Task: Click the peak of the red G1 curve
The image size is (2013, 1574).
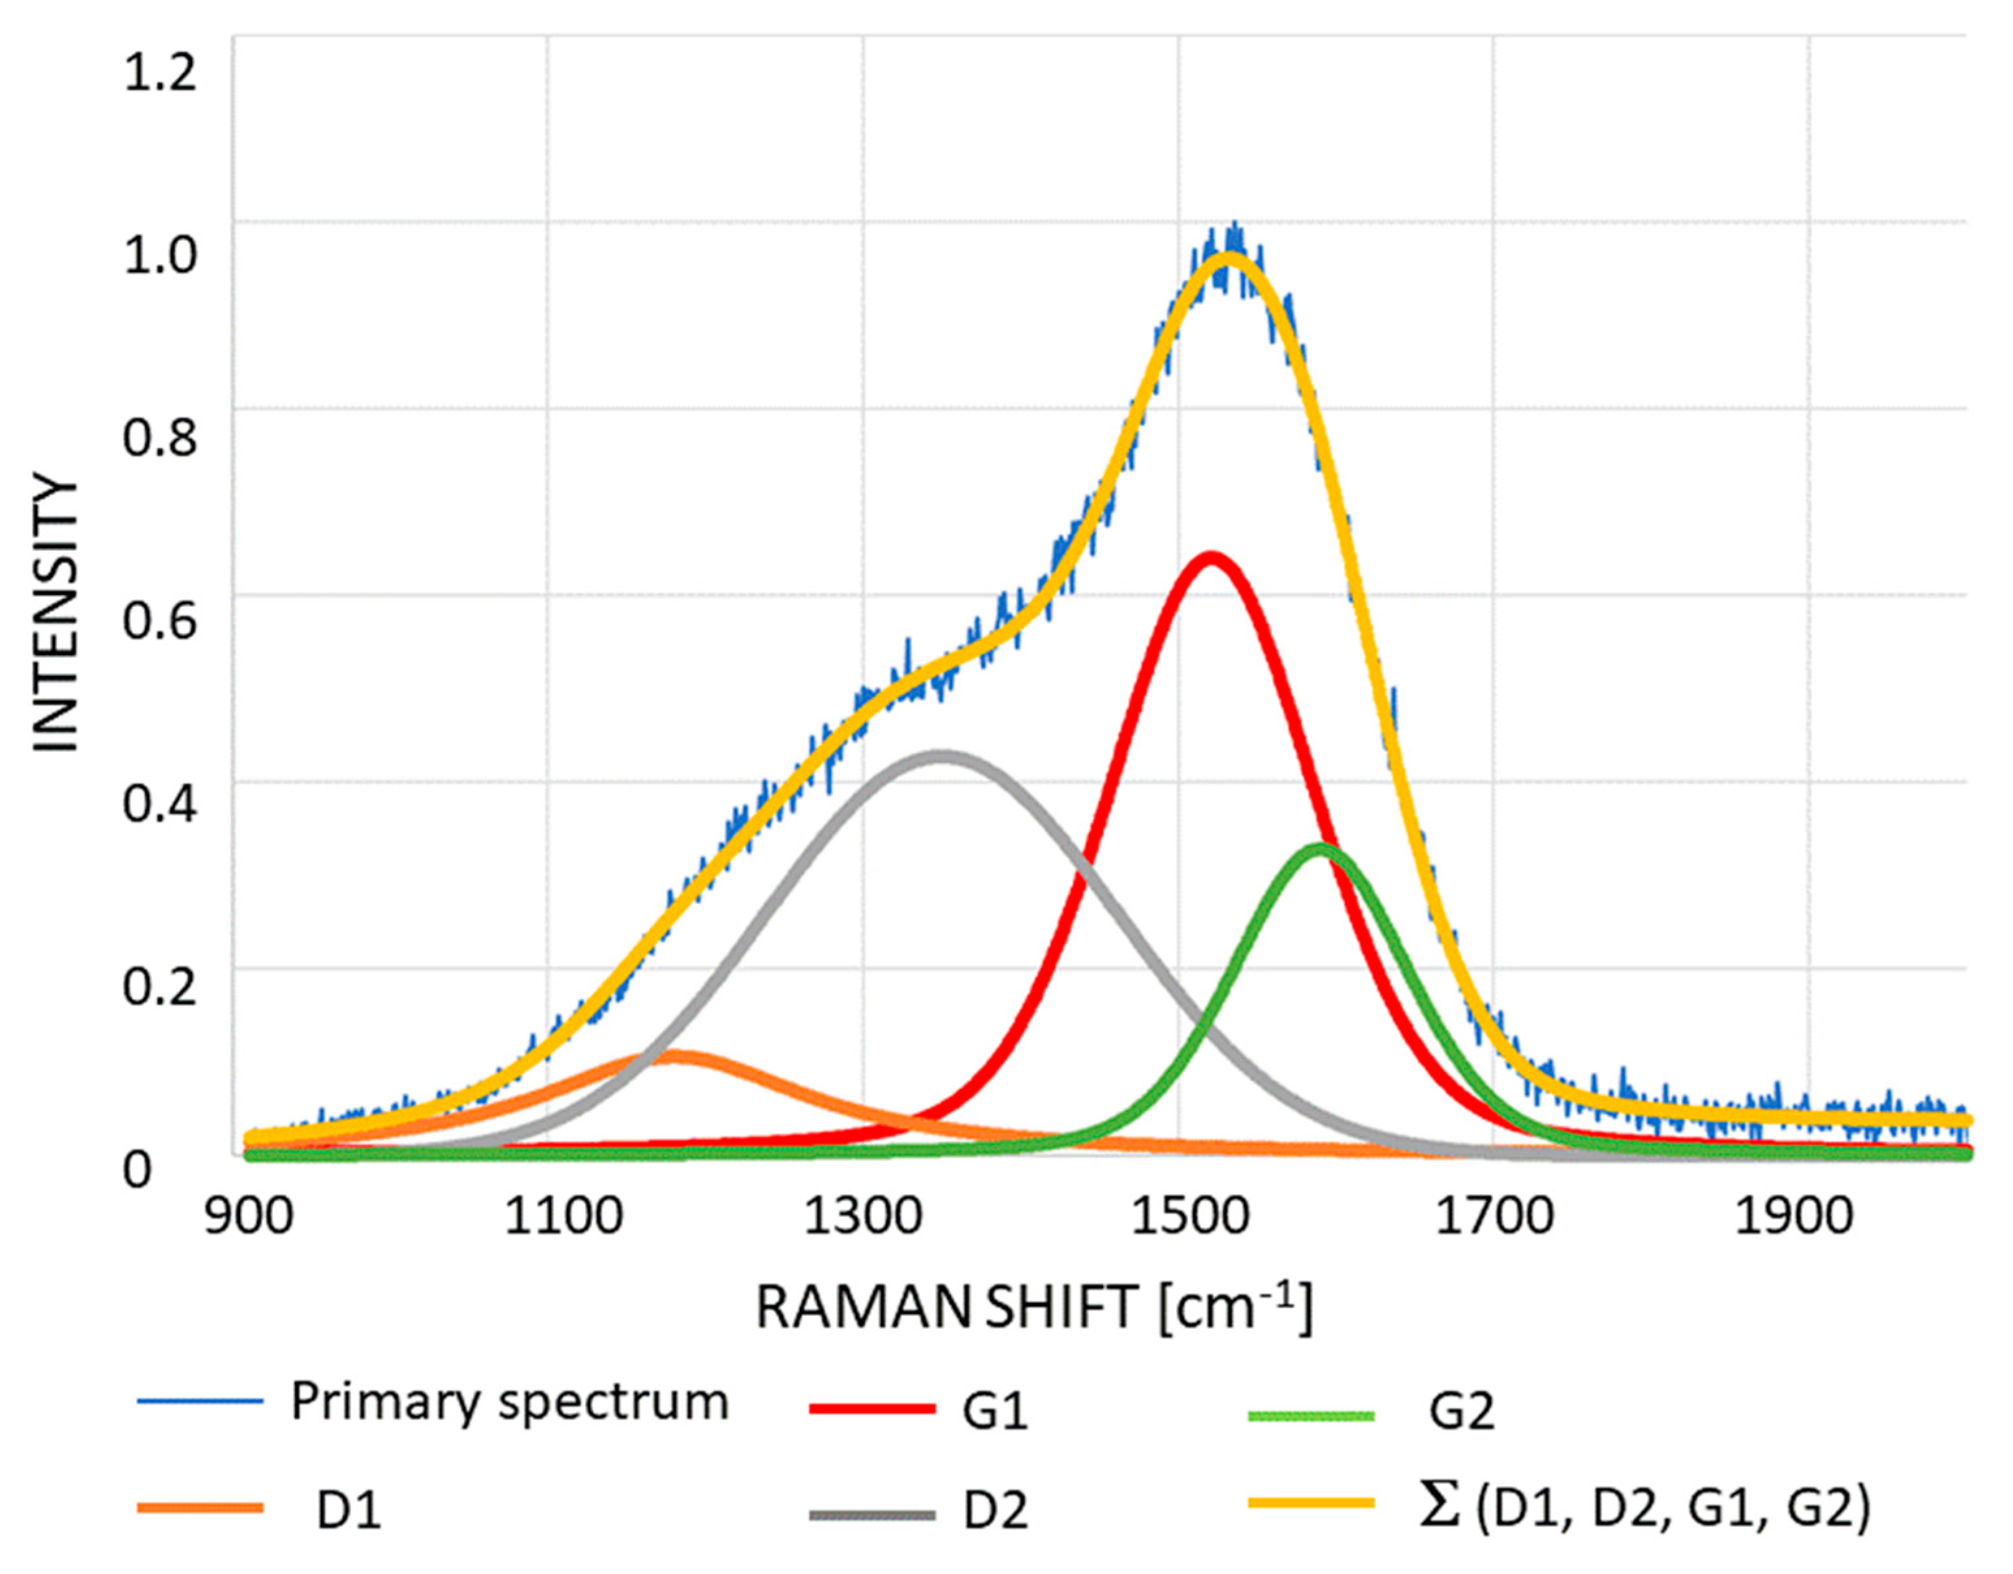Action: [x=1210, y=559]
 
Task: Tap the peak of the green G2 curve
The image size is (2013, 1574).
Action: [x=1320, y=849]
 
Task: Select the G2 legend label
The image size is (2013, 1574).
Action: [x=1462, y=1412]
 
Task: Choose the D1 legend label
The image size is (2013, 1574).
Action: [x=348, y=1512]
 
